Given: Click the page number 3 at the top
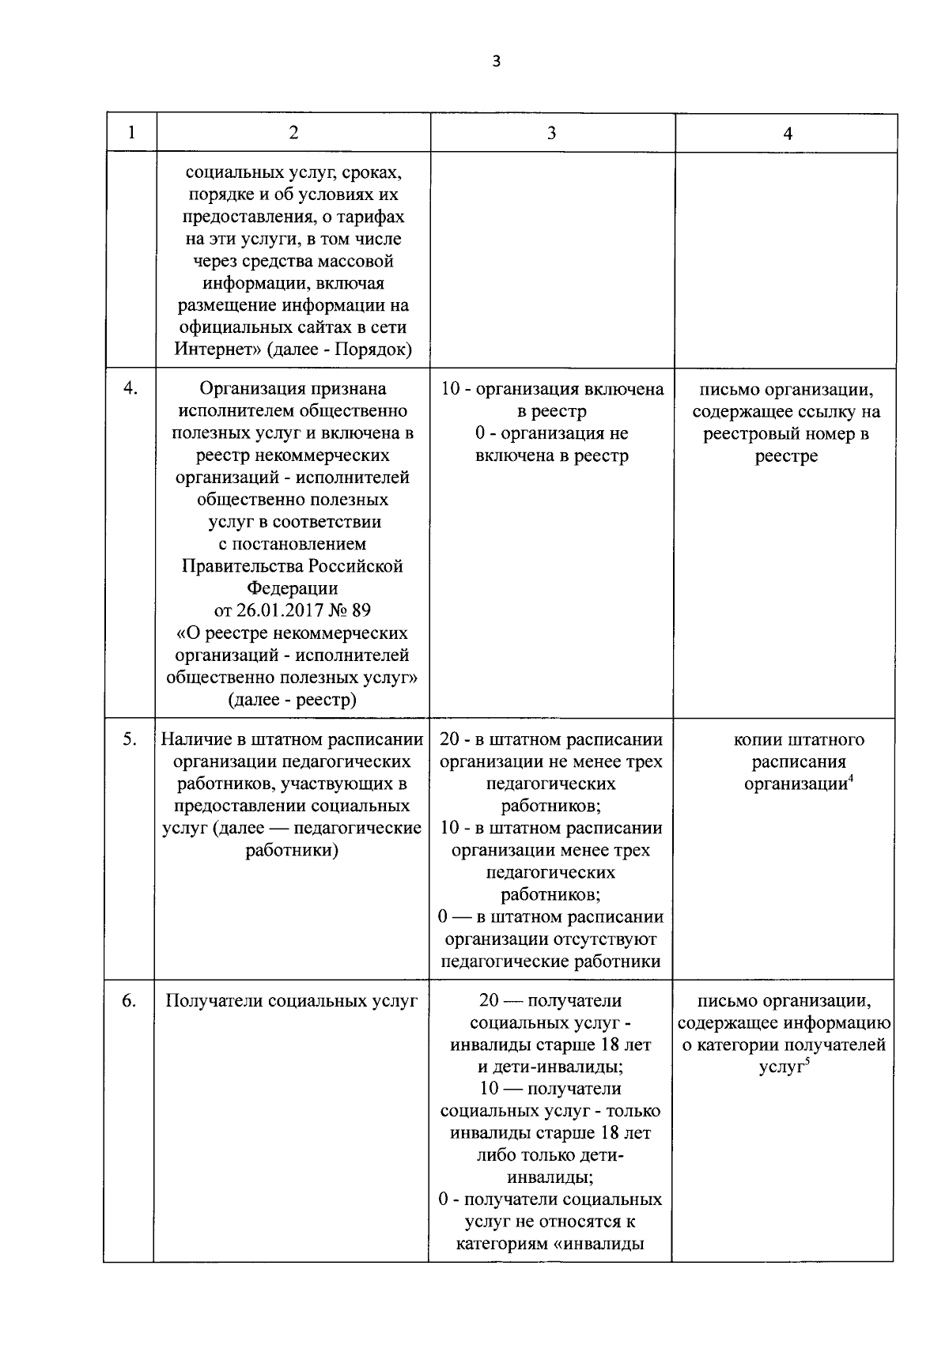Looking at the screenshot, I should coord(496,62).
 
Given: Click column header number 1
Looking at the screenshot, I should coord(131,133).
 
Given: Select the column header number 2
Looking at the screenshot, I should coord(293,133).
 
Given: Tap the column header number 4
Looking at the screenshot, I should coord(787,134).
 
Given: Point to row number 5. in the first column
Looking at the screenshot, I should coord(129,739).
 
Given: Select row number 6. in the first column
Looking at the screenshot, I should coord(129,1001).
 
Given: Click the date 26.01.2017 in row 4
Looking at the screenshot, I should coord(273,611).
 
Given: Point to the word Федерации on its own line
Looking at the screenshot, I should coord(293,589).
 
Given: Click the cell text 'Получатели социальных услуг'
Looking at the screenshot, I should coord(291,1001).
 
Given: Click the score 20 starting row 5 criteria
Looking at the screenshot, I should coord(449,739).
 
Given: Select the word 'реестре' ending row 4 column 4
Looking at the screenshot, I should coord(786,456).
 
